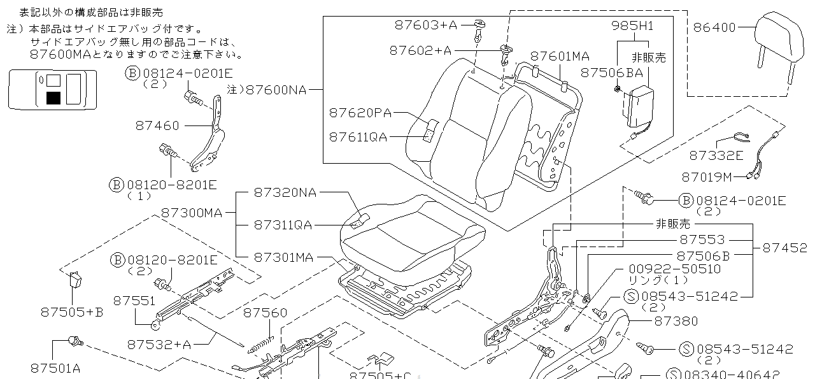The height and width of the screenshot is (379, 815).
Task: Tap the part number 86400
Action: pos(714,27)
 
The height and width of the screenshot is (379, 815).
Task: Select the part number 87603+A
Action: pos(426,25)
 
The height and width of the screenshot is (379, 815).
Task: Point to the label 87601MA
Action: pos(560,56)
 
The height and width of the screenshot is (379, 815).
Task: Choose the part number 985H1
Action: pos(632,26)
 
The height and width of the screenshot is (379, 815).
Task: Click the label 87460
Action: pos(157,125)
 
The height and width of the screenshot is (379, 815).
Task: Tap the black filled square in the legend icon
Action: pos(53,97)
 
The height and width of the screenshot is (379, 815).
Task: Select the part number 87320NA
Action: pos(285,192)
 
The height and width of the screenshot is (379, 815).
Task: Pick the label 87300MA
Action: pos(192,212)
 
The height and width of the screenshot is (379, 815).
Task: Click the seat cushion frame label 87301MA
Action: pos(283,257)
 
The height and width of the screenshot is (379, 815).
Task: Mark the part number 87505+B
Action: pos(71,312)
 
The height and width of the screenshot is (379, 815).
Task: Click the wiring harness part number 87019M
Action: pos(707,176)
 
